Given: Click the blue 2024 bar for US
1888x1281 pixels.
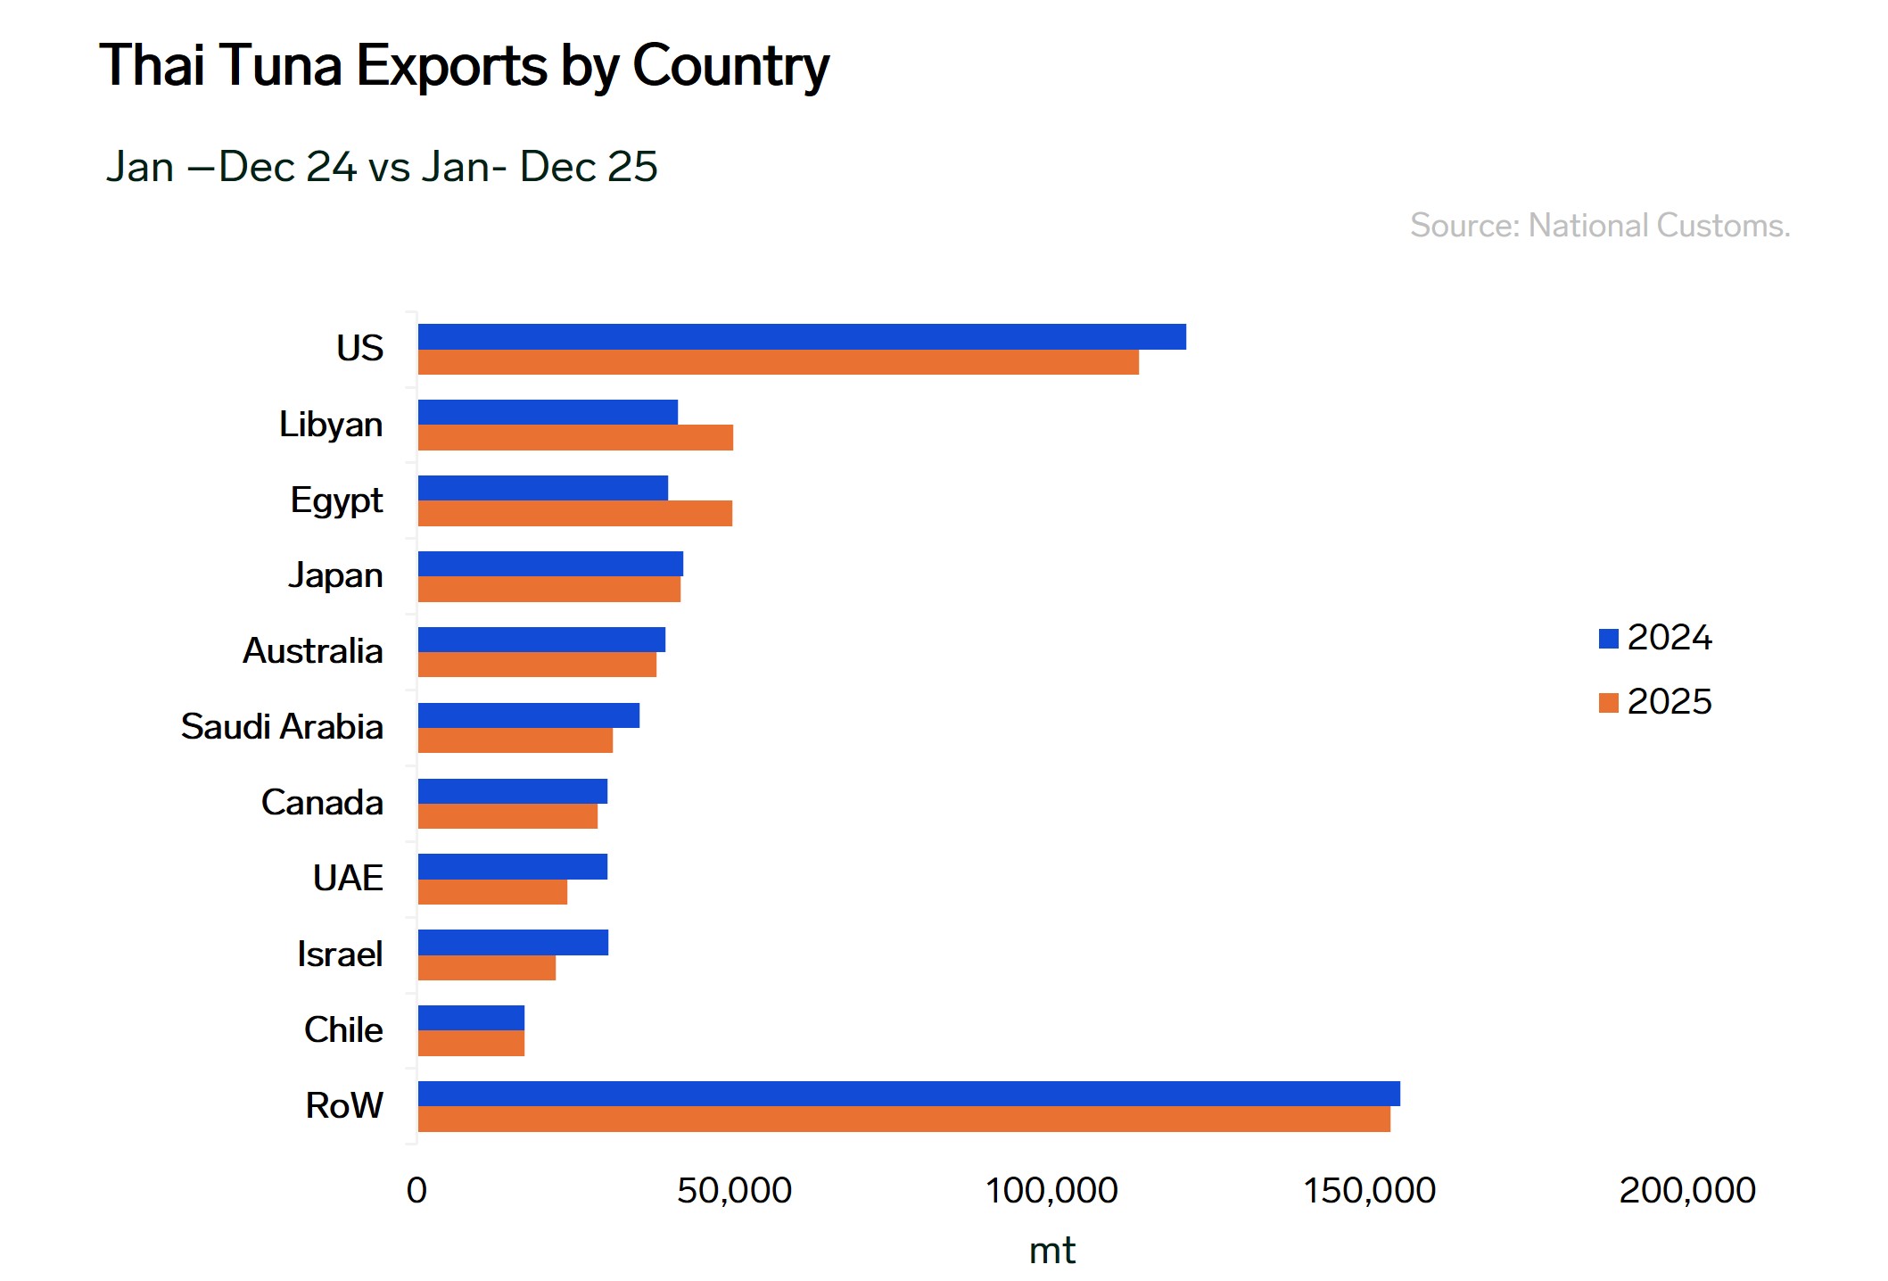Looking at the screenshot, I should pos(802,336).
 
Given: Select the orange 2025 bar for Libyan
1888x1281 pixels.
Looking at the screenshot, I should pos(575,438).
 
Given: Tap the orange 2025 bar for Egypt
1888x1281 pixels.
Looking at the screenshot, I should pos(575,514).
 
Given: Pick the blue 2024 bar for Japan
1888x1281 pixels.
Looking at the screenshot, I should pos(550,564).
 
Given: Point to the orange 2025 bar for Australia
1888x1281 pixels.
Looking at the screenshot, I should pos(537,665).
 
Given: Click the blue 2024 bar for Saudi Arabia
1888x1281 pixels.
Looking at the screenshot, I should pos(529,715).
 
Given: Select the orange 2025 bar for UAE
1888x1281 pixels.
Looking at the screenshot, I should pos(492,892).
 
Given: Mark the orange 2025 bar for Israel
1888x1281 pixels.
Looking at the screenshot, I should pos(487,968).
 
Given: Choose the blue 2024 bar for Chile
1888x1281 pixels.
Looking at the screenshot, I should pos(471,1018).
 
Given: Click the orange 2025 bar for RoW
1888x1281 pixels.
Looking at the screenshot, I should pos(903,1120).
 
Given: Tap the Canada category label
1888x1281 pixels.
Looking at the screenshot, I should pos(322,803).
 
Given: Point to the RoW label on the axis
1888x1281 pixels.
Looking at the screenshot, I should pos(344,1106).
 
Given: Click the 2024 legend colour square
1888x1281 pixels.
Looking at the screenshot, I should pos(1609,639).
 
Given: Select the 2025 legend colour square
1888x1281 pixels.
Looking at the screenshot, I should pos(1609,703).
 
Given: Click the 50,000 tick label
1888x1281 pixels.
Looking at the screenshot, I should pos(734,1191).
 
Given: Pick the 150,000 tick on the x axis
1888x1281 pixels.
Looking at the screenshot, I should pos(1369,1191).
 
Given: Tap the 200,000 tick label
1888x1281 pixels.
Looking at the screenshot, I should pos(1686,1191).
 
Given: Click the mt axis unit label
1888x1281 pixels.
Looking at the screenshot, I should pos(1051,1251).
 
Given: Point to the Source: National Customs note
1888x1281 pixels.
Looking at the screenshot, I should pos(1600,226).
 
